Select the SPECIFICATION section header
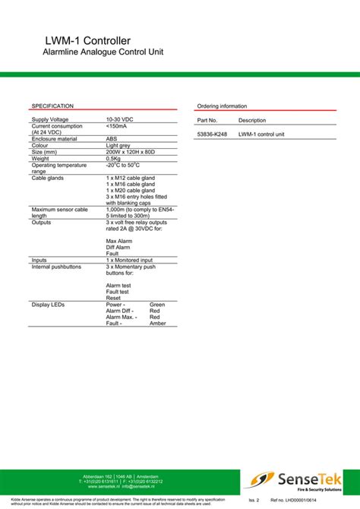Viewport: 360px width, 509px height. coord(52,106)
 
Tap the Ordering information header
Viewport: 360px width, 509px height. coord(222,106)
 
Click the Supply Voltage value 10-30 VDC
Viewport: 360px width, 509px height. coord(119,120)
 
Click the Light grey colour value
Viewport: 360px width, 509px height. coord(118,145)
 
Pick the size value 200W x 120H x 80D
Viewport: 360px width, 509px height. coord(131,152)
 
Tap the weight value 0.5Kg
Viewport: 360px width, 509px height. coord(113,158)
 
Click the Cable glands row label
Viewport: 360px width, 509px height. coord(48,178)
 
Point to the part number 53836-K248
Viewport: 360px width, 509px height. coord(212,134)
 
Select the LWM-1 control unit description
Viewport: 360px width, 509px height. coord(261,134)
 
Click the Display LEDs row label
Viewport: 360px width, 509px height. coord(48,304)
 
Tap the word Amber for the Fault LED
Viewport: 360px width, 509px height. coord(157,324)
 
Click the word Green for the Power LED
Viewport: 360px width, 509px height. coord(157,304)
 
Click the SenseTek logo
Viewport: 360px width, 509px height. coord(297,479)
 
